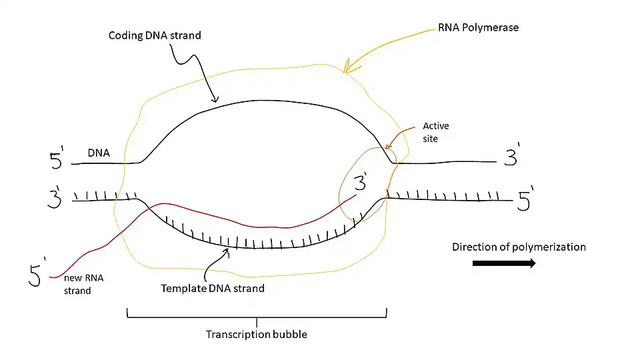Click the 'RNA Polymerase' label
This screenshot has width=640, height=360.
click(478, 28)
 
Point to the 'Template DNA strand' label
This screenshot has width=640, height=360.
click(213, 289)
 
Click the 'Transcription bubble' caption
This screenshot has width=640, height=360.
click(257, 335)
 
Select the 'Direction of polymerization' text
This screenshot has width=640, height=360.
click(519, 247)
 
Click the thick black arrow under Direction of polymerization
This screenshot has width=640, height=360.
click(504, 263)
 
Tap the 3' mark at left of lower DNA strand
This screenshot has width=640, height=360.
click(55, 198)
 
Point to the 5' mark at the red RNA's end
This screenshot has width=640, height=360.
click(35, 273)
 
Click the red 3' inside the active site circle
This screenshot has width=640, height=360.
click(361, 182)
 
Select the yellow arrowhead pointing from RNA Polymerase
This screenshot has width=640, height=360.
click(346, 67)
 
